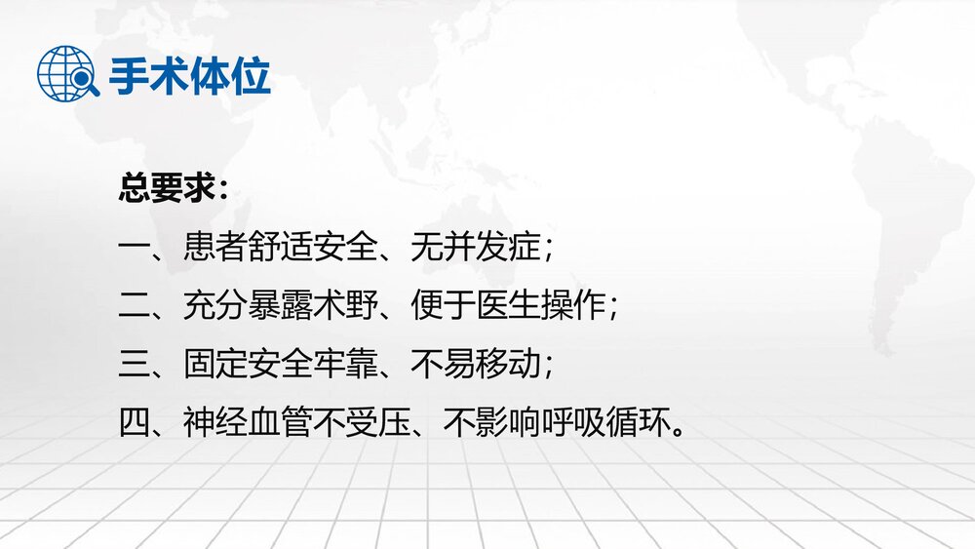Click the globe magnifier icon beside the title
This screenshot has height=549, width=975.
(67, 73)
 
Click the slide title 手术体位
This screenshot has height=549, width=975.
(189, 75)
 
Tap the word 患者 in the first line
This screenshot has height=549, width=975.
(214, 247)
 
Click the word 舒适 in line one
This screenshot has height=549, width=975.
(280, 247)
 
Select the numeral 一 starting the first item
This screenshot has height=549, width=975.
(133, 247)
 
